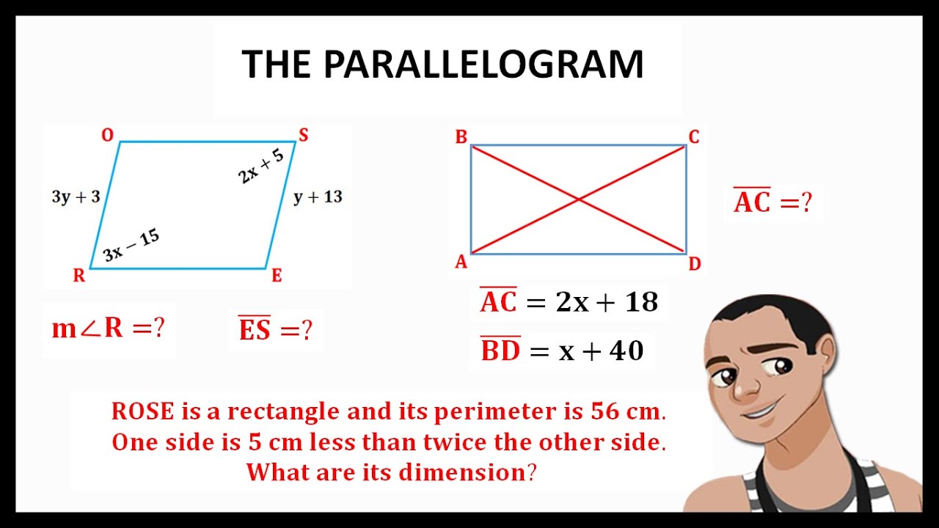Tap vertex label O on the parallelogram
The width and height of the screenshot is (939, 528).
pyautogui.click(x=107, y=135)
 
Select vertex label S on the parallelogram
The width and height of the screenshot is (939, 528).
pyautogui.click(x=303, y=134)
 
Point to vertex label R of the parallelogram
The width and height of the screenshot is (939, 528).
pyautogui.click(x=78, y=276)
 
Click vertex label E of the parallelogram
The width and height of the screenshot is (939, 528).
pyautogui.click(x=277, y=276)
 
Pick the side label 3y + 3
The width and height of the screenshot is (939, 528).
pyautogui.click(x=76, y=197)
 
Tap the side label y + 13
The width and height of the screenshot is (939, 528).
pyautogui.click(x=318, y=197)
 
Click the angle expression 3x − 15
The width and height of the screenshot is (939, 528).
pyautogui.click(x=131, y=245)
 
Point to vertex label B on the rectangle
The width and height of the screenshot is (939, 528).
pyautogui.click(x=461, y=136)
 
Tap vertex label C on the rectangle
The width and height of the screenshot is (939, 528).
pyautogui.click(x=693, y=136)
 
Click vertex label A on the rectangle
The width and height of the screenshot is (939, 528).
pyautogui.click(x=461, y=262)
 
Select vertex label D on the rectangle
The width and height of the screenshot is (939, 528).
pyautogui.click(x=695, y=264)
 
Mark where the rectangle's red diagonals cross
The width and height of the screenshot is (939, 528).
pyautogui.click(x=578, y=199)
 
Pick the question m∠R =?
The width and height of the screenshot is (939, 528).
pyautogui.click(x=108, y=329)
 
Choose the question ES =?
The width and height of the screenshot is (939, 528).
pyautogui.click(x=275, y=329)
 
